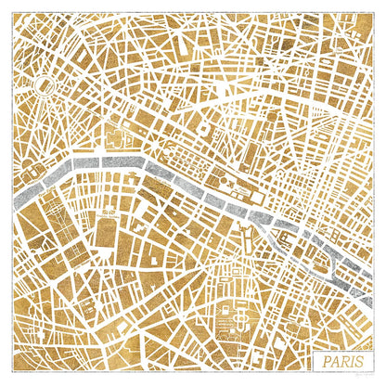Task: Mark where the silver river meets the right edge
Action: pos(373,279)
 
